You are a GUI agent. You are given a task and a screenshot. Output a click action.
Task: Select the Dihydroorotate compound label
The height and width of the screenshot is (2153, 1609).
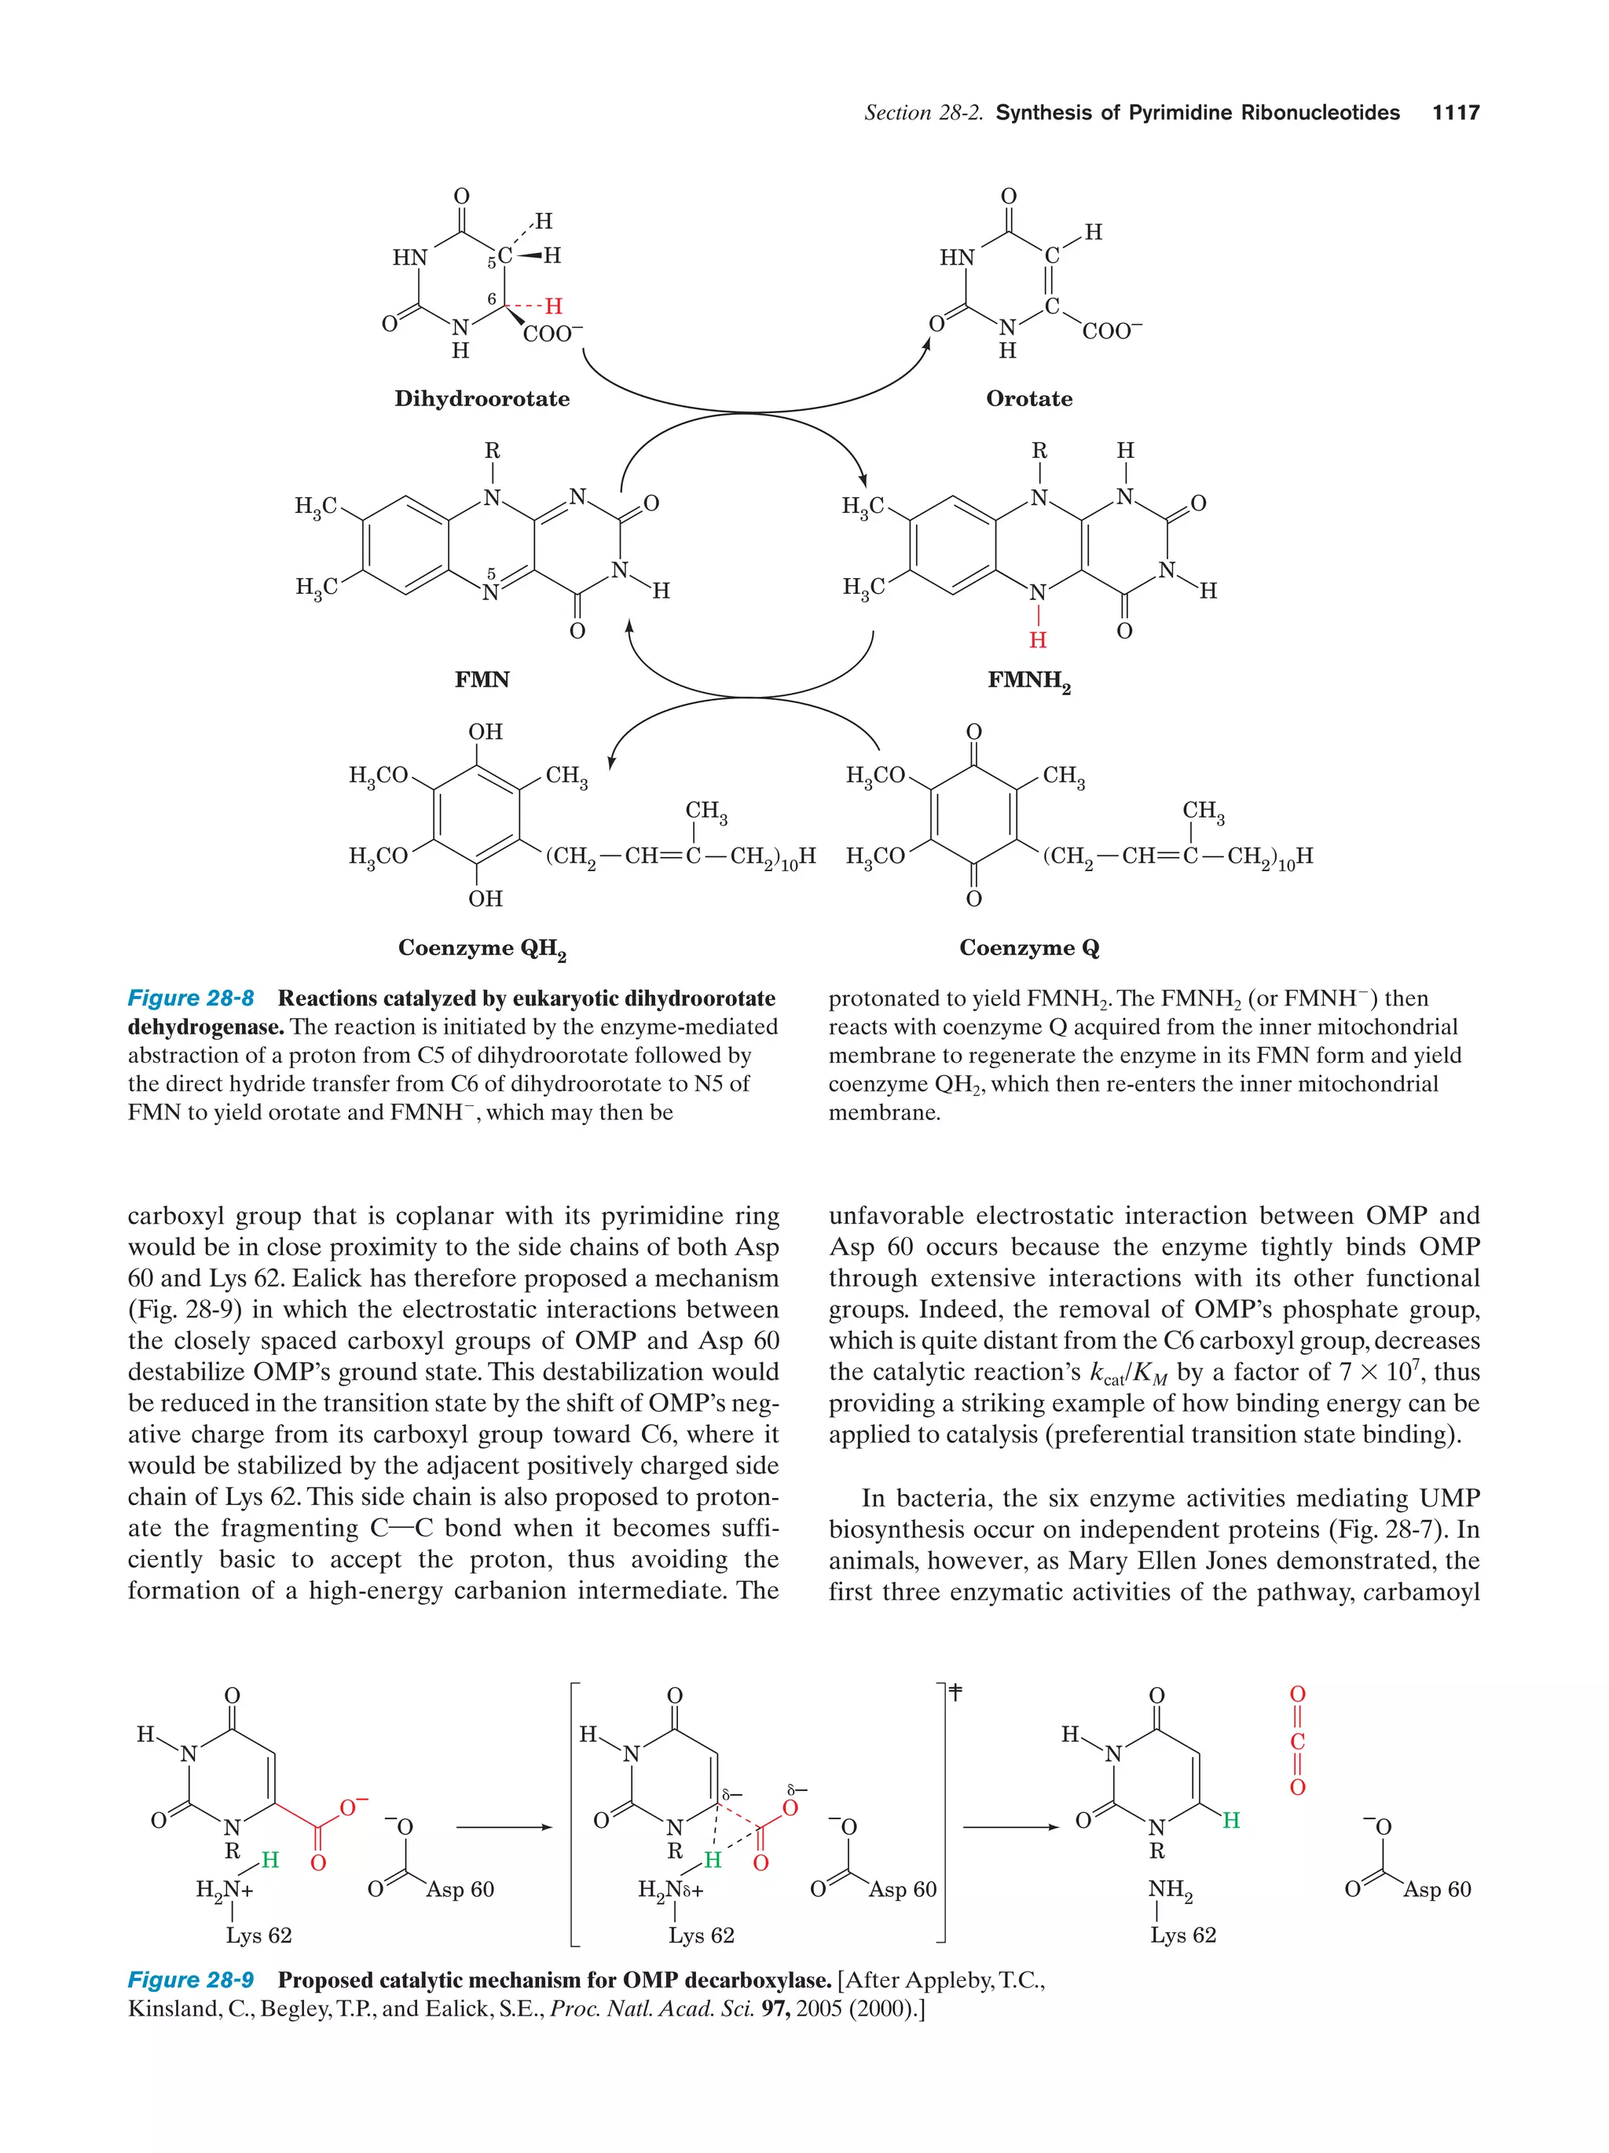click(x=482, y=399)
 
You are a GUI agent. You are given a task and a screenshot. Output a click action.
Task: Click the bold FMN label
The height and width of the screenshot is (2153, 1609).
click(x=482, y=679)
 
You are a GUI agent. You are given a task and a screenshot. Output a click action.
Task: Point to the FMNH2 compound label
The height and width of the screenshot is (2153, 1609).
click(x=1029, y=681)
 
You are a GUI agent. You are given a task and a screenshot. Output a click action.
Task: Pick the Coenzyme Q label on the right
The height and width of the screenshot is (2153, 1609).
click(x=1029, y=948)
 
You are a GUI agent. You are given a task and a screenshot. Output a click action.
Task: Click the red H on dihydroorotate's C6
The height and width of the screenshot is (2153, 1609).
click(x=553, y=306)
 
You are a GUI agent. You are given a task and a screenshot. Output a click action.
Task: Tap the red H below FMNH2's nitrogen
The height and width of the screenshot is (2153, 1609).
click(x=1038, y=639)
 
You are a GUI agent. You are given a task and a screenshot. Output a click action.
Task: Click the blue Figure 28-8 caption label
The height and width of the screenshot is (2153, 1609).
click(x=191, y=998)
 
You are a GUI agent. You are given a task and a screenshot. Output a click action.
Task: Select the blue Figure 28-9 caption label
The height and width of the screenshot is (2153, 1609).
click(x=191, y=1979)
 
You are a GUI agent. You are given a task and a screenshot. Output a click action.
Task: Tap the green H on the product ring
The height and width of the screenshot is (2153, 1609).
click(x=1231, y=1820)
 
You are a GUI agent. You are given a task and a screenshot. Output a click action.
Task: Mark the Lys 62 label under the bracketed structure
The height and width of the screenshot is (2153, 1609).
click(x=701, y=1935)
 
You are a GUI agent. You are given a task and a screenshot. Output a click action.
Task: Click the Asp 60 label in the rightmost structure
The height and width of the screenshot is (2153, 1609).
click(x=1437, y=1889)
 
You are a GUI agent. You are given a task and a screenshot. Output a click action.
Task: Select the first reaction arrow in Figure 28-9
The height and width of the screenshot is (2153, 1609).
click(x=504, y=1827)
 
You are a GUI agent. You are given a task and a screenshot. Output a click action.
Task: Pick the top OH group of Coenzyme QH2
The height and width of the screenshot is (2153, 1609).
click(x=485, y=732)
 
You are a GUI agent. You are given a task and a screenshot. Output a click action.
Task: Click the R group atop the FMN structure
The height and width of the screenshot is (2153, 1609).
click(x=493, y=451)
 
